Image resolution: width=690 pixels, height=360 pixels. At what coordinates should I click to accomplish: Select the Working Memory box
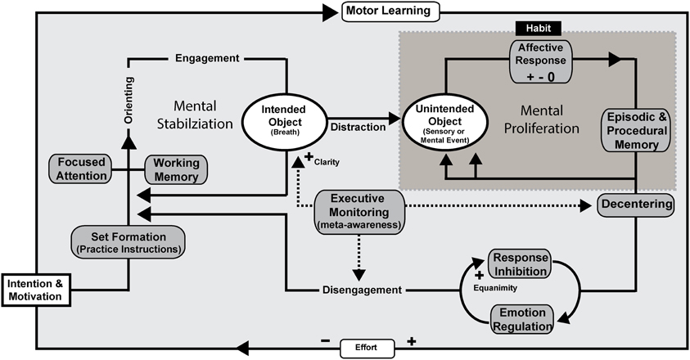click(x=176, y=169)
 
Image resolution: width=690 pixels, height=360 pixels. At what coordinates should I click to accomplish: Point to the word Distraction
click(x=359, y=127)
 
